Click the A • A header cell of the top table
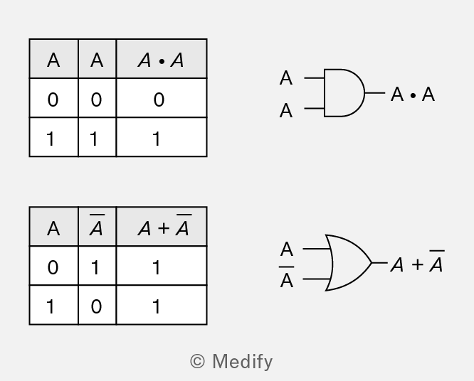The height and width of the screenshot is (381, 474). coord(162,58)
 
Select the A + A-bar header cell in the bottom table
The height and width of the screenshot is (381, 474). coord(162,227)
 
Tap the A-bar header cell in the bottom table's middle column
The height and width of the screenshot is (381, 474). coord(97,227)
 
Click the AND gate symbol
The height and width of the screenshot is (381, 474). coord(344,92)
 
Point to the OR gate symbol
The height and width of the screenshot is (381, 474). coord(348,263)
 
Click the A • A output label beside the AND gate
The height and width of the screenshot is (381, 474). coord(413,95)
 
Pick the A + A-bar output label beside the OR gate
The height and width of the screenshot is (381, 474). coord(418,262)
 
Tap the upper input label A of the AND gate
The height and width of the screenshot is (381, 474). coord(286,78)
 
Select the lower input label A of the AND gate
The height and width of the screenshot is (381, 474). coord(286,110)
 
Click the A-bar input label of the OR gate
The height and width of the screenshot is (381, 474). coord(286,277)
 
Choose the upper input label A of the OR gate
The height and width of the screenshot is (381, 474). coord(287,249)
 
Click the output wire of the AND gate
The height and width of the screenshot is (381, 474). coord(375,92)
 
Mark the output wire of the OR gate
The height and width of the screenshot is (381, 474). coord(379,263)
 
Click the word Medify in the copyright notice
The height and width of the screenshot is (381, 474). coord(243,362)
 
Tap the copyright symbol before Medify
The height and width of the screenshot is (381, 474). coord(197,361)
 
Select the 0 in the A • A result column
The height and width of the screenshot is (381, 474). coord(159,100)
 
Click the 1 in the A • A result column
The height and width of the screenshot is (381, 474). coord(157,139)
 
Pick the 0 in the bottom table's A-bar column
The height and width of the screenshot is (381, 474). coord(96,307)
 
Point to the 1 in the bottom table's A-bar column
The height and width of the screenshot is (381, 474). coord(95,267)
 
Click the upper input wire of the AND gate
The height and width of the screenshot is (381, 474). coord(315,78)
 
